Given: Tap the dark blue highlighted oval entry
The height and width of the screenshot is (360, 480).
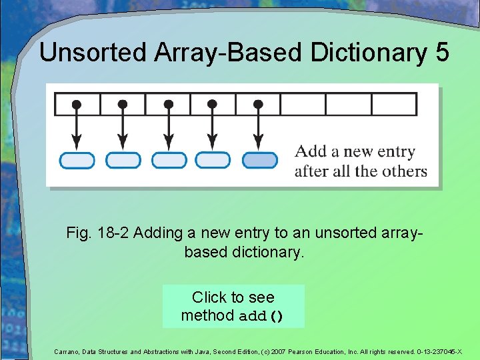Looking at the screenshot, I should click(x=259, y=160).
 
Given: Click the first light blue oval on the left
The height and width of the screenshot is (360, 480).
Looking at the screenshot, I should click(x=77, y=160).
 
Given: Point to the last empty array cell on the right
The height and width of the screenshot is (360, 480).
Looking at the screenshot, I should click(x=394, y=105).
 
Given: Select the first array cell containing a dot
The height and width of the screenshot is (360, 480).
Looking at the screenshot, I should click(x=77, y=105).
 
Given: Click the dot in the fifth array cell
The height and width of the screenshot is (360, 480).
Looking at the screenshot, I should click(x=259, y=105).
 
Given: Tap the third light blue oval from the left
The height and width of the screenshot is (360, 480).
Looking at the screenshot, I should click(x=169, y=160).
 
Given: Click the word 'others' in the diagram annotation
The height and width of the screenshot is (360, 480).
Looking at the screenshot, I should click(x=405, y=171).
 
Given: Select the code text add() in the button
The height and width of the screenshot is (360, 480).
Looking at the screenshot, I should click(x=261, y=316).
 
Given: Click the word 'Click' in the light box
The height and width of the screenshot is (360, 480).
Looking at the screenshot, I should click(x=209, y=297).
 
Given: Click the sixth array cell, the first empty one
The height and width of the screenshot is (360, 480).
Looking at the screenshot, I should click(x=303, y=105).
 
